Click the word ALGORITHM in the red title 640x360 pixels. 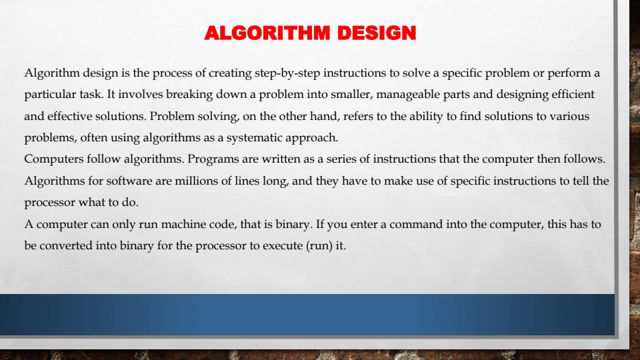pos(267,33)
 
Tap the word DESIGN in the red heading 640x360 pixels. pos(377,33)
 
